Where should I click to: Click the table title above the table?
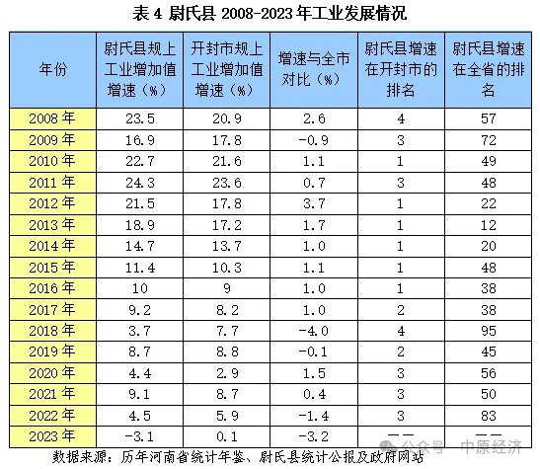pos(270,14)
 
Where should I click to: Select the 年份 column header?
pos(52,69)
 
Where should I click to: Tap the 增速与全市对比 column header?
pos(314,69)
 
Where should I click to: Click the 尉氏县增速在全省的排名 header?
pos(488,69)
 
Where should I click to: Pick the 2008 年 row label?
pos(52,118)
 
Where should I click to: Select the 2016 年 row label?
pos(52,288)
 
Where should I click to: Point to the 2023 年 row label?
pos(52,436)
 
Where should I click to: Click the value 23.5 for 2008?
pos(140,118)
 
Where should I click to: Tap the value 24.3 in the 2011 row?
pos(140,183)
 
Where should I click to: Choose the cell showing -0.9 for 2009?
pos(314,140)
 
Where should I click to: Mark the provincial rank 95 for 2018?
pos(489,331)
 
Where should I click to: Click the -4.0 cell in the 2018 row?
pos(314,331)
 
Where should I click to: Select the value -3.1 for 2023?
pos(139,436)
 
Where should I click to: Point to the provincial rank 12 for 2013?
pos(489,225)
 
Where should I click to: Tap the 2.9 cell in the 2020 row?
pos(227,373)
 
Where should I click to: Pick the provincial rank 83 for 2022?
pos(489,416)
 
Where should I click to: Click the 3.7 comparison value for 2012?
pos(314,203)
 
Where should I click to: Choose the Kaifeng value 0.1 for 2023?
pos(227,436)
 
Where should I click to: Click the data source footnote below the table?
pos(238,457)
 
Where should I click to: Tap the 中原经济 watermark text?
pos(491,447)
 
